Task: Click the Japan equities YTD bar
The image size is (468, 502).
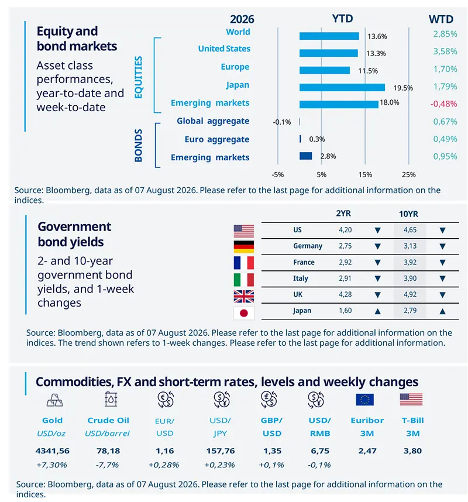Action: coord(342,87)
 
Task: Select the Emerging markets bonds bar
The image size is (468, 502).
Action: coord(306,156)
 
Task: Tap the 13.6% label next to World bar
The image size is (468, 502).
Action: coord(377,36)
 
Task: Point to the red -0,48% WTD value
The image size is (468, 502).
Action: coord(443,104)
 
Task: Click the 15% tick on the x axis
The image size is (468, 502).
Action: coord(365,175)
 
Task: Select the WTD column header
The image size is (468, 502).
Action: coord(441,19)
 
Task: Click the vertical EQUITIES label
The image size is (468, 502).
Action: coord(138,77)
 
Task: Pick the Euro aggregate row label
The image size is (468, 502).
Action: coord(216,139)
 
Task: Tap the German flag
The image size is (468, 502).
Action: coord(243,247)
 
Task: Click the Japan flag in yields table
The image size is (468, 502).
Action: coord(243,313)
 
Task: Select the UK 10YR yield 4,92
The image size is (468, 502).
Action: coord(410,294)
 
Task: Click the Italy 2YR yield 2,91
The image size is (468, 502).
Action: coord(345,278)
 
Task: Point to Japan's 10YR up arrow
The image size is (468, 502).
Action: coord(442,311)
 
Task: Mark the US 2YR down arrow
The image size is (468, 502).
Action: coord(378,230)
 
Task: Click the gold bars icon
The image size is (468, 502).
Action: coord(55,400)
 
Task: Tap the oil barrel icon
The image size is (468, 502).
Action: coord(111,400)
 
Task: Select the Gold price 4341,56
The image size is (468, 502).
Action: coord(53,451)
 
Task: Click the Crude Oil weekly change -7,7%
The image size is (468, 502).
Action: coord(107,465)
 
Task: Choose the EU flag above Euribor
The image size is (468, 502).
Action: coord(365,400)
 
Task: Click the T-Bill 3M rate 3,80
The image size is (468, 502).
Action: coord(412,451)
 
